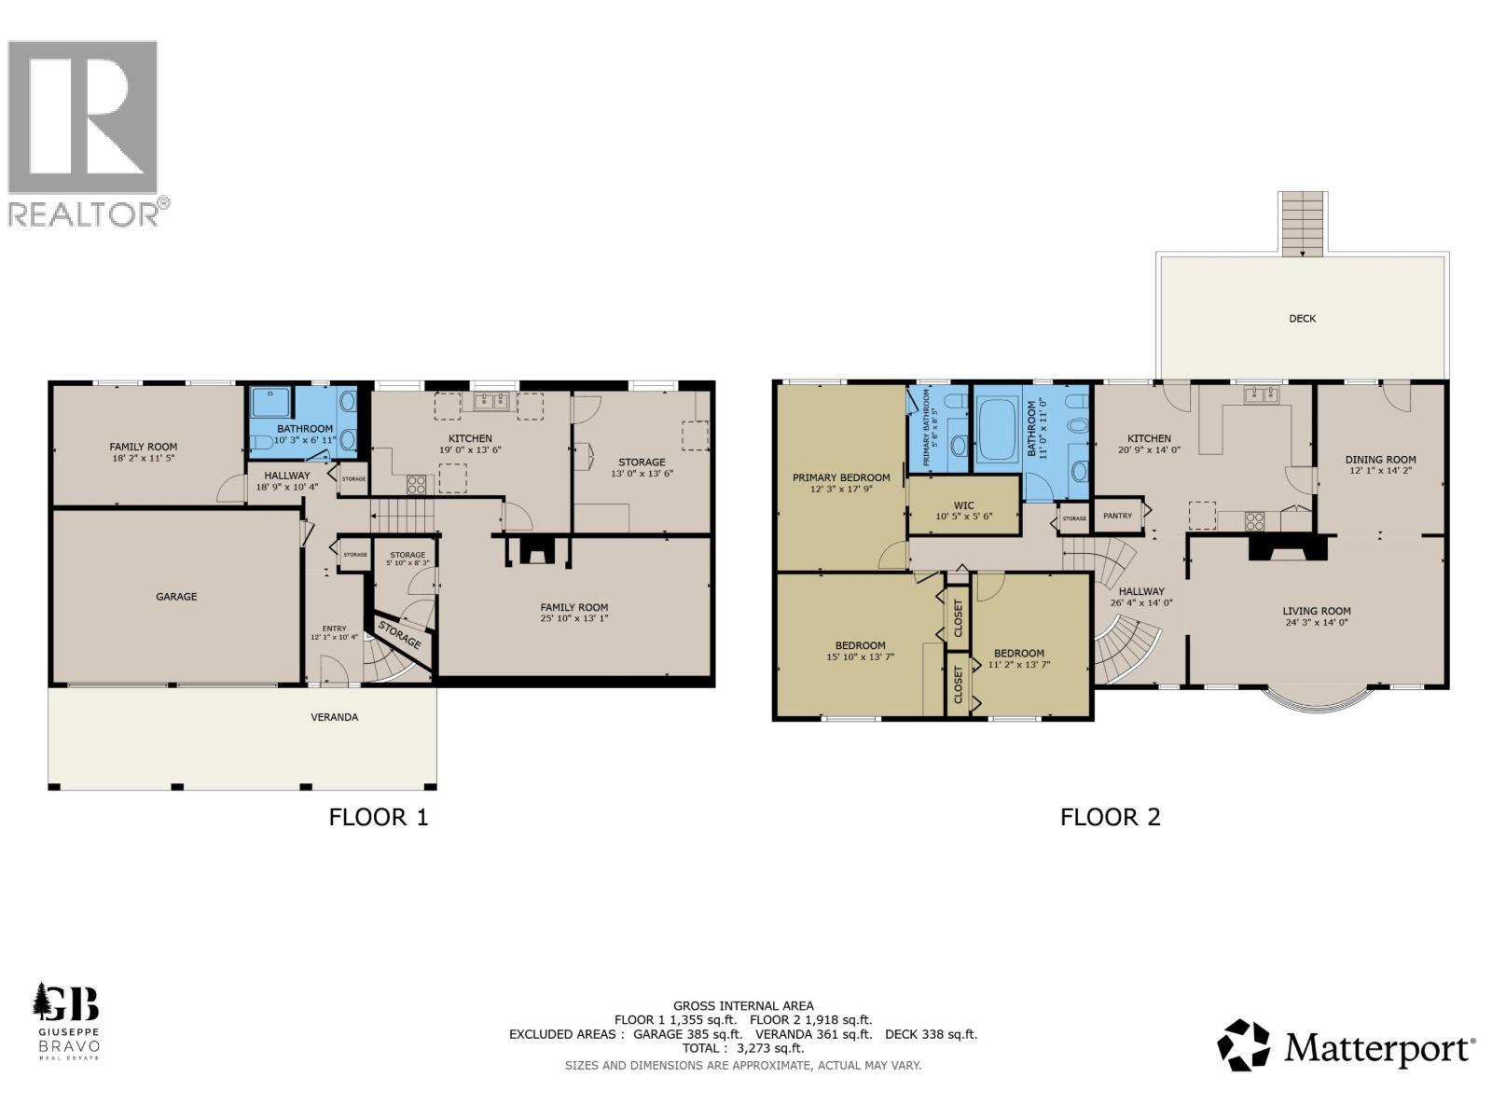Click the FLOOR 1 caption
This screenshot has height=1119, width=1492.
pyautogui.click(x=379, y=818)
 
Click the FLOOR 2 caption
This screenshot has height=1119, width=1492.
pyautogui.click(x=1110, y=818)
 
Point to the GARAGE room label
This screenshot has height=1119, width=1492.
pyautogui.click(x=176, y=597)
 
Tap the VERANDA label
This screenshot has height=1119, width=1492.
pyautogui.click(x=334, y=717)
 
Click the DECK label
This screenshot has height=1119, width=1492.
pyautogui.click(x=1302, y=319)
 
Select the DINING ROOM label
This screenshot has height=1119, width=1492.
pyautogui.click(x=1380, y=460)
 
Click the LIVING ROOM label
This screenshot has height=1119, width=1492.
pyautogui.click(x=1316, y=612)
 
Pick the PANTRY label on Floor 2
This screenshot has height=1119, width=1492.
pyautogui.click(x=1117, y=516)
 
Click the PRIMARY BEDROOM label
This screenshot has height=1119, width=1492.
pyautogui.click(x=841, y=477)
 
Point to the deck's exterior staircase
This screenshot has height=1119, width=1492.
pyautogui.click(x=1302, y=223)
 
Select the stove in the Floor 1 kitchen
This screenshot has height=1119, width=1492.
pyautogui.click(x=416, y=484)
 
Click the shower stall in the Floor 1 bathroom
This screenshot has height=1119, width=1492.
pyautogui.click(x=271, y=404)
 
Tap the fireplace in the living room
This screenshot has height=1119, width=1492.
pyautogui.click(x=1287, y=550)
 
